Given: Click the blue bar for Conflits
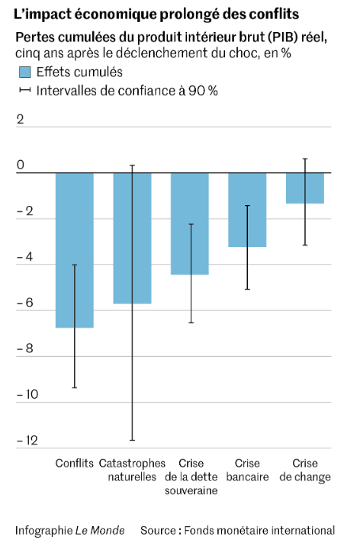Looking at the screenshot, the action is (75, 250).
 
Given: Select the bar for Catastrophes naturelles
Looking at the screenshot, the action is (132, 238).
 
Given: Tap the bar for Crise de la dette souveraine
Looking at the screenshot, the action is (190, 224).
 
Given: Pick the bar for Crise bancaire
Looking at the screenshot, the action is (247, 210).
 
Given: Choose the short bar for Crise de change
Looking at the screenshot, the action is (305, 188).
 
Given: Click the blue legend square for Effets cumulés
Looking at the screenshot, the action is (24, 72).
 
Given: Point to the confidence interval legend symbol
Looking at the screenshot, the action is (24, 91).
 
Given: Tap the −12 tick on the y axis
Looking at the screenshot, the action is (27, 441).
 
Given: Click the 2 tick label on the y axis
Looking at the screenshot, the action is (20, 120).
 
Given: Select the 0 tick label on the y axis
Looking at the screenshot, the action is (21, 165).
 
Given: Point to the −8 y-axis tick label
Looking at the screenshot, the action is (24, 348).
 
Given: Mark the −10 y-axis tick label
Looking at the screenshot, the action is (27, 394).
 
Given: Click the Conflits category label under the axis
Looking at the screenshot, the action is (75, 464).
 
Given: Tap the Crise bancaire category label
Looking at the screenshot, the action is (248, 470).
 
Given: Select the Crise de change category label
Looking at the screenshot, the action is (305, 471).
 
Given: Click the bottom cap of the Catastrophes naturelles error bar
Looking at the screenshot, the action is (132, 441).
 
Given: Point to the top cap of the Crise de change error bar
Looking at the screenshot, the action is (305, 159).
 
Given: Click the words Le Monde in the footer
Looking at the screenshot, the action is (100, 530).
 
